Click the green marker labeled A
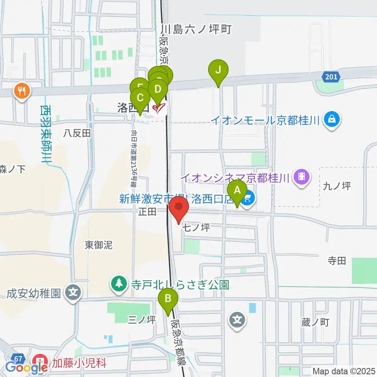(x=237, y=191)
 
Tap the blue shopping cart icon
(x=247, y=199)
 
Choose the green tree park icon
(x=118, y=284)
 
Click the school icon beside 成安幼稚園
(x=73, y=293)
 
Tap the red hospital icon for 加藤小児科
(x=41, y=360)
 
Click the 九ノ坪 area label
(x=337, y=186)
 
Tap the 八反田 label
(x=77, y=134)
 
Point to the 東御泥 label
(x=99, y=245)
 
